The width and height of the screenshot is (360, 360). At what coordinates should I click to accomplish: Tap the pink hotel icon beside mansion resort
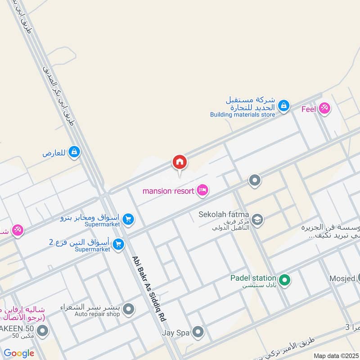(x=202, y=191)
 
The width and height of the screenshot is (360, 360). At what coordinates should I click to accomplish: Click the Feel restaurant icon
(x=324, y=108)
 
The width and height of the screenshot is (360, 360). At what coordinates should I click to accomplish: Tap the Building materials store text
(x=242, y=114)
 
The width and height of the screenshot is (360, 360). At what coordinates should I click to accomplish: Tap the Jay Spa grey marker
(x=198, y=333)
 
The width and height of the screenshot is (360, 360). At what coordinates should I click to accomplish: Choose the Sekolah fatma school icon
(x=257, y=219)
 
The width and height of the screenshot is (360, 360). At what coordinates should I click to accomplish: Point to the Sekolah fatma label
(x=224, y=215)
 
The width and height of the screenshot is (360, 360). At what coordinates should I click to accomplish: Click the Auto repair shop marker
(x=129, y=309)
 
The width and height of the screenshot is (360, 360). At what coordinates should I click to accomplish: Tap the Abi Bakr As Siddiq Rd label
(x=149, y=288)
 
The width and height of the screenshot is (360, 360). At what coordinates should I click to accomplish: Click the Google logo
(x=19, y=353)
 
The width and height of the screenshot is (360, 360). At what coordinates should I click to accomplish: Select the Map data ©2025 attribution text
(x=335, y=355)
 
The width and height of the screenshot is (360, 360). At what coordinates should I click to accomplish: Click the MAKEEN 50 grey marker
(x=43, y=332)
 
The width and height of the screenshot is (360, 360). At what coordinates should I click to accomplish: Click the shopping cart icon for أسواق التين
(x=119, y=244)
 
